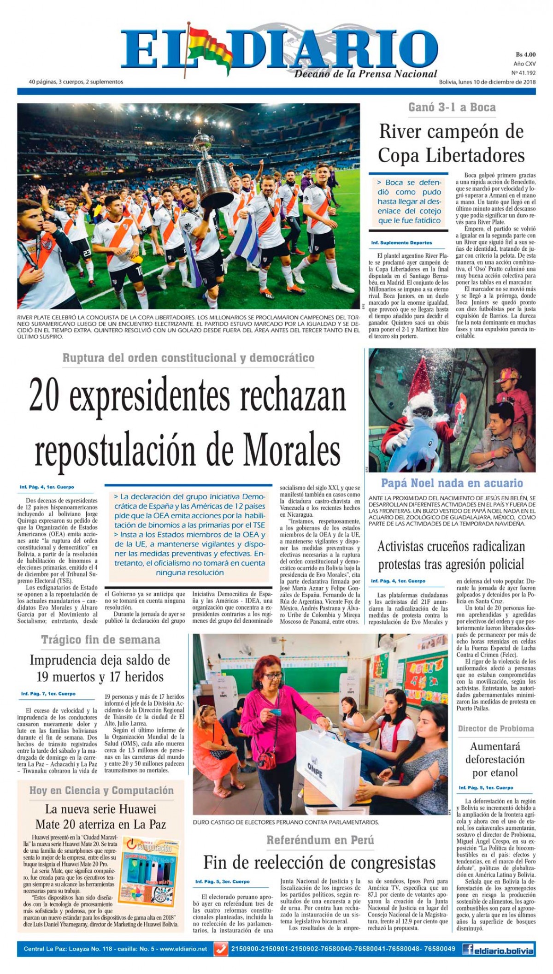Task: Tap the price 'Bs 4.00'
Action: pos(525,54)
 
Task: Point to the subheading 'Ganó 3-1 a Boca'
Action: pos(452,107)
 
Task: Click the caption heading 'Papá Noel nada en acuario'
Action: pos(452,483)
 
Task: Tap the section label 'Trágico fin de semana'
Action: pos(100,640)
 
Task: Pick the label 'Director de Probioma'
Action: pos(496,728)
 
